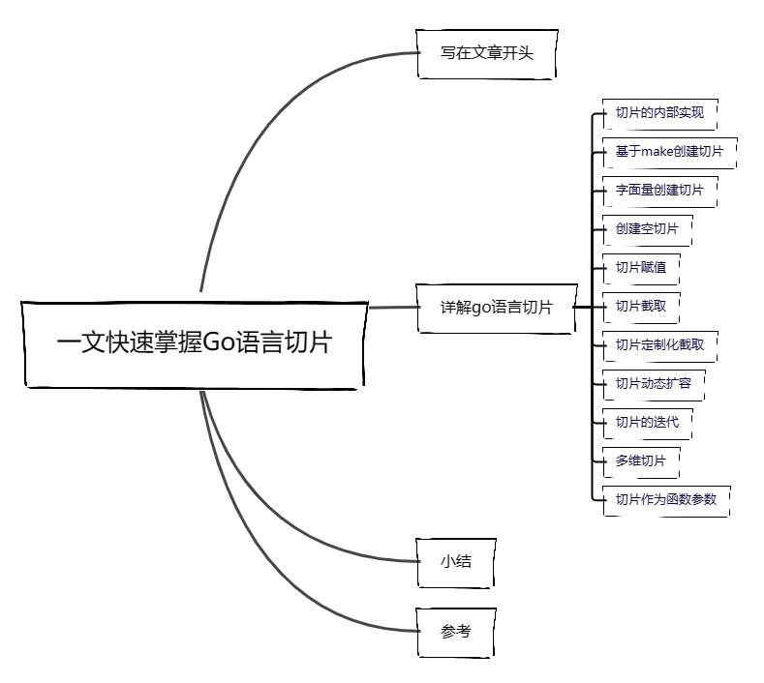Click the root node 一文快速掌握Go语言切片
point(194,342)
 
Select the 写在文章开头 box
point(487,54)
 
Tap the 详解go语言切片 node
point(496,308)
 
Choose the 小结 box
point(456,560)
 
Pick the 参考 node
point(456,632)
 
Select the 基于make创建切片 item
point(669,151)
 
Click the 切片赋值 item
point(641,267)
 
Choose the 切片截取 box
point(641,306)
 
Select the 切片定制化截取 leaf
point(666,344)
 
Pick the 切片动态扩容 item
point(654,383)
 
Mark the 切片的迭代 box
point(648,422)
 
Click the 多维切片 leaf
point(641,460)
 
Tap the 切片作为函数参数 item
point(666,499)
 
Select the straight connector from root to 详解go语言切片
point(391,308)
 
